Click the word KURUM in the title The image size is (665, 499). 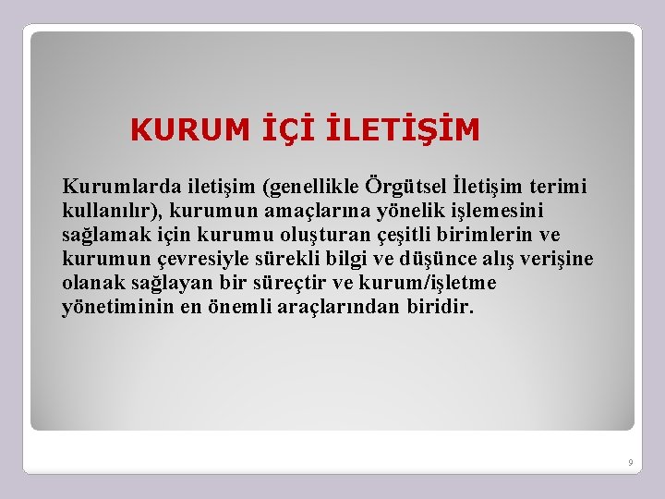[x=189, y=130]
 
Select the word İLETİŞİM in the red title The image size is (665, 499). [x=404, y=130]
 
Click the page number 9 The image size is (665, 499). [x=630, y=461]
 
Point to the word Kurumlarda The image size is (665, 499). [x=107, y=188]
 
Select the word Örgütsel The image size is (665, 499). [x=405, y=188]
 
